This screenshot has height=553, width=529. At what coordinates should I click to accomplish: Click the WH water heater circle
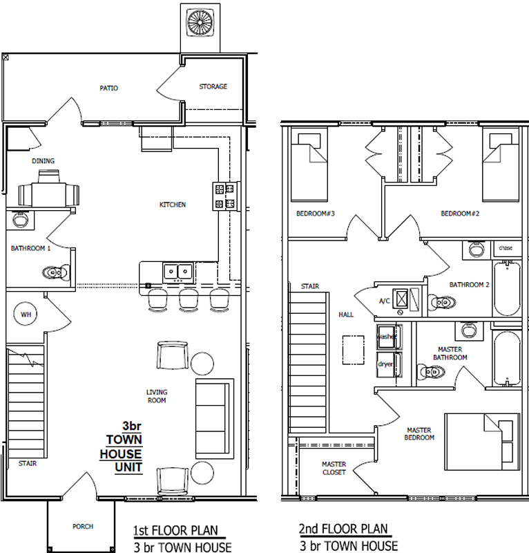click(26, 315)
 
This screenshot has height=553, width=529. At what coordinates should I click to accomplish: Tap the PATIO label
click(108, 88)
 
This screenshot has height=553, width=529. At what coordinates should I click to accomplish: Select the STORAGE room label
click(213, 86)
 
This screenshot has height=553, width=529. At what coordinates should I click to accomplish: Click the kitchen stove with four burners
click(226, 196)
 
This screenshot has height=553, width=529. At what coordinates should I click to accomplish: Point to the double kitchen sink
click(178, 272)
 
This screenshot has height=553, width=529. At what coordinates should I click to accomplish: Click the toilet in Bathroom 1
click(56, 272)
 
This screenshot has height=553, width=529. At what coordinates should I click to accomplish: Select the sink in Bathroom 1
click(20, 220)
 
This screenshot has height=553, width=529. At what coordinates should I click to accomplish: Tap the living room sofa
click(215, 419)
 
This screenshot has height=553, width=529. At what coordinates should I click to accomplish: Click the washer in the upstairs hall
click(389, 337)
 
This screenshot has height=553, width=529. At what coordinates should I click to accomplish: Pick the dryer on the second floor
click(389, 364)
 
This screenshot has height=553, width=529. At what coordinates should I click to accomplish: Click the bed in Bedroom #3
click(309, 167)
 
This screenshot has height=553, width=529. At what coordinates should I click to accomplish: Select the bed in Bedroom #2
click(501, 167)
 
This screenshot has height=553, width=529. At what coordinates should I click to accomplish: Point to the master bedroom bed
click(482, 442)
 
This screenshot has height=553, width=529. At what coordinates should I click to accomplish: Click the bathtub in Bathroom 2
click(507, 288)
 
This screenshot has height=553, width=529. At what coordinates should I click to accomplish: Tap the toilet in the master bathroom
click(431, 372)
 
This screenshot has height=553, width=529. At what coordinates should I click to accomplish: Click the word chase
click(506, 248)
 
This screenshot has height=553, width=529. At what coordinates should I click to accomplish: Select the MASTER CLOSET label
click(334, 468)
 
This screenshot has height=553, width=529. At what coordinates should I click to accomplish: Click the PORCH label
click(83, 526)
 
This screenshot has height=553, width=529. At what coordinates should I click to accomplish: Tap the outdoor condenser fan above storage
click(200, 22)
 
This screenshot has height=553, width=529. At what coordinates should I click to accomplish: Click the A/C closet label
click(385, 301)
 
